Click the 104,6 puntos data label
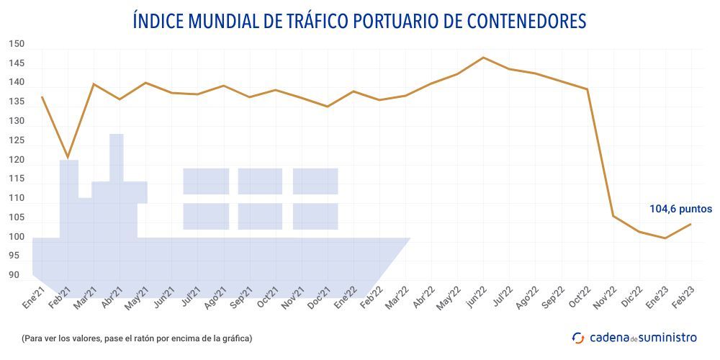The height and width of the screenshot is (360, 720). [681, 209]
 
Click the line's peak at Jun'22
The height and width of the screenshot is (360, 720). [483, 57]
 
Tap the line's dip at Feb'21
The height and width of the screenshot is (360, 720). [68, 157]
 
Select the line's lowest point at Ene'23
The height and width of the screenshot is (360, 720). [665, 238]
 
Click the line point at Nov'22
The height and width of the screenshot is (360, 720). [613, 216]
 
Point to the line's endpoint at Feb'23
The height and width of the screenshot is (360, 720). [691, 224]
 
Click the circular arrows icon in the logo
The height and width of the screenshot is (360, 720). [578, 337]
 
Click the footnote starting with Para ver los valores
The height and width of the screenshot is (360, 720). [137, 338]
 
